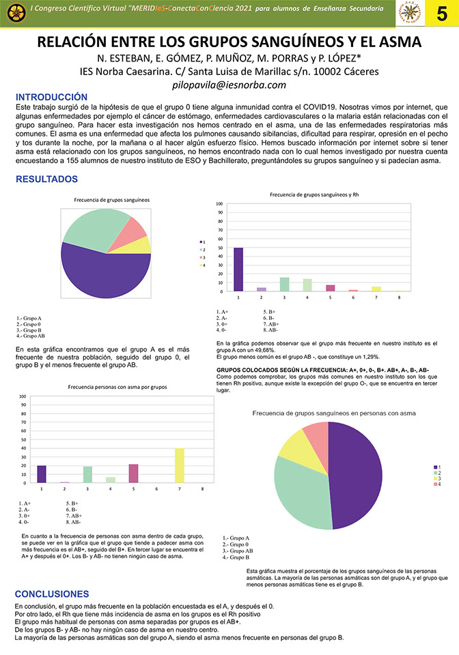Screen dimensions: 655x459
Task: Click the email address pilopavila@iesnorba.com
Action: click(x=229, y=85)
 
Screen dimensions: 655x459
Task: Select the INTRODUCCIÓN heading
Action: click(x=52, y=98)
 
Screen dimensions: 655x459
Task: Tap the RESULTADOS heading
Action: click(x=46, y=179)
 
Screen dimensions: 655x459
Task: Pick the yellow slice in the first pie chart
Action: click(x=141, y=245)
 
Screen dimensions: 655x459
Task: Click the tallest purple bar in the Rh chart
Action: click(x=238, y=269)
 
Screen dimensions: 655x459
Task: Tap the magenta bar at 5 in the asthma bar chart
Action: click(x=133, y=474)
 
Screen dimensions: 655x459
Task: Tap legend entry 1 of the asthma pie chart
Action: click(x=438, y=467)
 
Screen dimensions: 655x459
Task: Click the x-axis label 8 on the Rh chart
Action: click(x=399, y=298)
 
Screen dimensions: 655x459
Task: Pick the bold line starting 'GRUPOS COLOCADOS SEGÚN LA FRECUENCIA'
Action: click(x=322, y=370)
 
